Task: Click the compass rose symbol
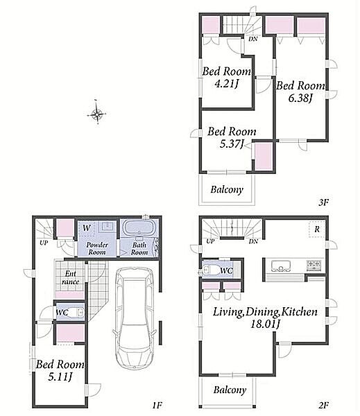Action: pyautogui.click(x=97, y=114)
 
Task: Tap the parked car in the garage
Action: pyautogui.click(x=135, y=318)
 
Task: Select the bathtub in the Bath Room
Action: pyautogui.click(x=139, y=227)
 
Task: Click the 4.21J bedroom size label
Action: pyautogui.click(x=226, y=84)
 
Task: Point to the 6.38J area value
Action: pyautogui.click(x=300, y=98)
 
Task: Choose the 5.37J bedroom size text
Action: pyautogui.click(x=232, y=144)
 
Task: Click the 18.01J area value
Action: pyautogui.click(x=266, y=324)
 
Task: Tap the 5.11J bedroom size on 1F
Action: pyautogui.click(x=60, y=376)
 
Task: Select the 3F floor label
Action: pyautogui.click(x=323, y=202)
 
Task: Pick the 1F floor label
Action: pyautogui.click(x=157, y=405)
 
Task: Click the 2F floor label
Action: pyautogui.click(x=324, y=405)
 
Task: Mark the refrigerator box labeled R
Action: pyautogui.click(x=317, y=229)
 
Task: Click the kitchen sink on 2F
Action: pyautogui.click(x=280, y=266)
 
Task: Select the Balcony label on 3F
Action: pyautogui.click(x=227, y=189)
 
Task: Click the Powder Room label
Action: pyautogui.click(x=97, y=248)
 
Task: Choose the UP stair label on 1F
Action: pyautogui.click(x=44, y=242)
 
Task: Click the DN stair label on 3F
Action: pyautogui.click(x=253, y=39)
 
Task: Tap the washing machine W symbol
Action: pyautogui.click(x=87, y=227)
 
